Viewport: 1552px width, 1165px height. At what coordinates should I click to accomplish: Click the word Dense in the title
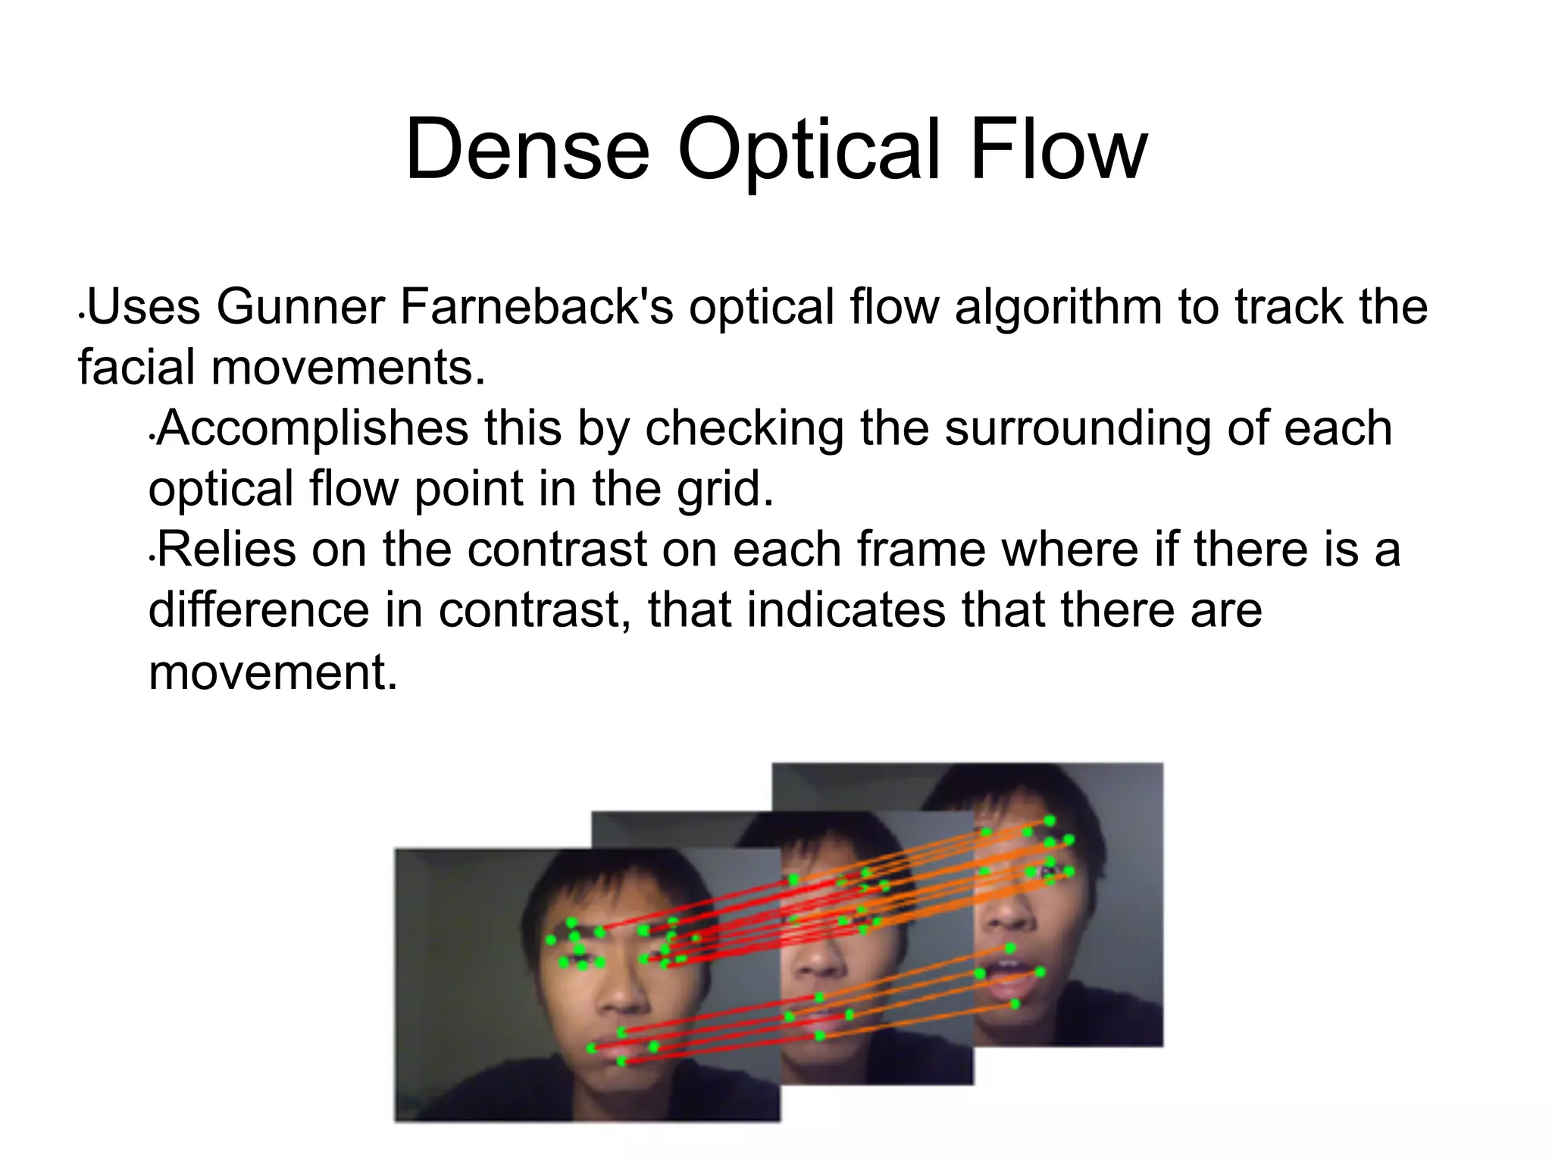(527, 149)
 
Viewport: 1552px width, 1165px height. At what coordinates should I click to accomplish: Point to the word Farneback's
(537, 307)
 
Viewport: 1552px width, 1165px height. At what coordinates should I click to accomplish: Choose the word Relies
(226, 550)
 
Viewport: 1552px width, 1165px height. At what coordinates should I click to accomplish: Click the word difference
(258, 610)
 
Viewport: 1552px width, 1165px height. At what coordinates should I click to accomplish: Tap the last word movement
(273, 672)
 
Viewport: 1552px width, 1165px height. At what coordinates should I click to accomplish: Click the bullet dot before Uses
(81, 313)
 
